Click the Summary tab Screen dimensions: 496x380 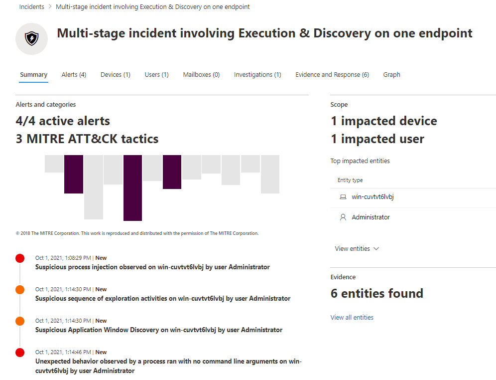pyautogui.click(x=33, y=75)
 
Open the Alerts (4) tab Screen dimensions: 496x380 pyautogui.click(x=74, y=75)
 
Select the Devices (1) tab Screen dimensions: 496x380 pyautogui.click(x=116, y=75)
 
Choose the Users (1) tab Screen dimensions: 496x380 pyautogui.click(x=156, y=75)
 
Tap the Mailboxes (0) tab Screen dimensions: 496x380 pyautogui.click(x=201, y=75)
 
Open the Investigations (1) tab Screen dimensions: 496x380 pyautogui.click(x=257, y=75)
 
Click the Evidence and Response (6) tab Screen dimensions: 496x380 pyautogui.click(x=332, y=75)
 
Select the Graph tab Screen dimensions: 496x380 pyautogui.click(x=391, y=75)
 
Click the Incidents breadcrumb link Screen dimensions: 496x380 pyautogui.click(x=32, y=6)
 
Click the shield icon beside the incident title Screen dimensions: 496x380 pyautogui.click(x=32, y=38)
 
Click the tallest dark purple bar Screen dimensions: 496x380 pyautogui.click(x=132, y=188)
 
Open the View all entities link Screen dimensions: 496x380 pyautogui.click(x=352, y=317)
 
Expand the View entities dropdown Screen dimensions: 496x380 pyautogui.click(x=357, y=248)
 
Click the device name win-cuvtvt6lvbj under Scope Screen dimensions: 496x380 pyautogui.click(x=372, y=196)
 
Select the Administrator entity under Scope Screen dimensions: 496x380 pyautogui.click(x=371, y=217)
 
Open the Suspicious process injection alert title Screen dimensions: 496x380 pyautogui.click(x=152, y=267)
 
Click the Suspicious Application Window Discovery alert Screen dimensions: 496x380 pyautogui.click(x=159, y=330)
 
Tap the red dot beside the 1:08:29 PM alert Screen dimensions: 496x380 pyautogui.click(x=20, y=258)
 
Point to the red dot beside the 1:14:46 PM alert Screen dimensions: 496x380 pyautogui.click(x=20, y=353)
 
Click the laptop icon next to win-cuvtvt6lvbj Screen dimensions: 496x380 pyautogui.click(x=343, y=197)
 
